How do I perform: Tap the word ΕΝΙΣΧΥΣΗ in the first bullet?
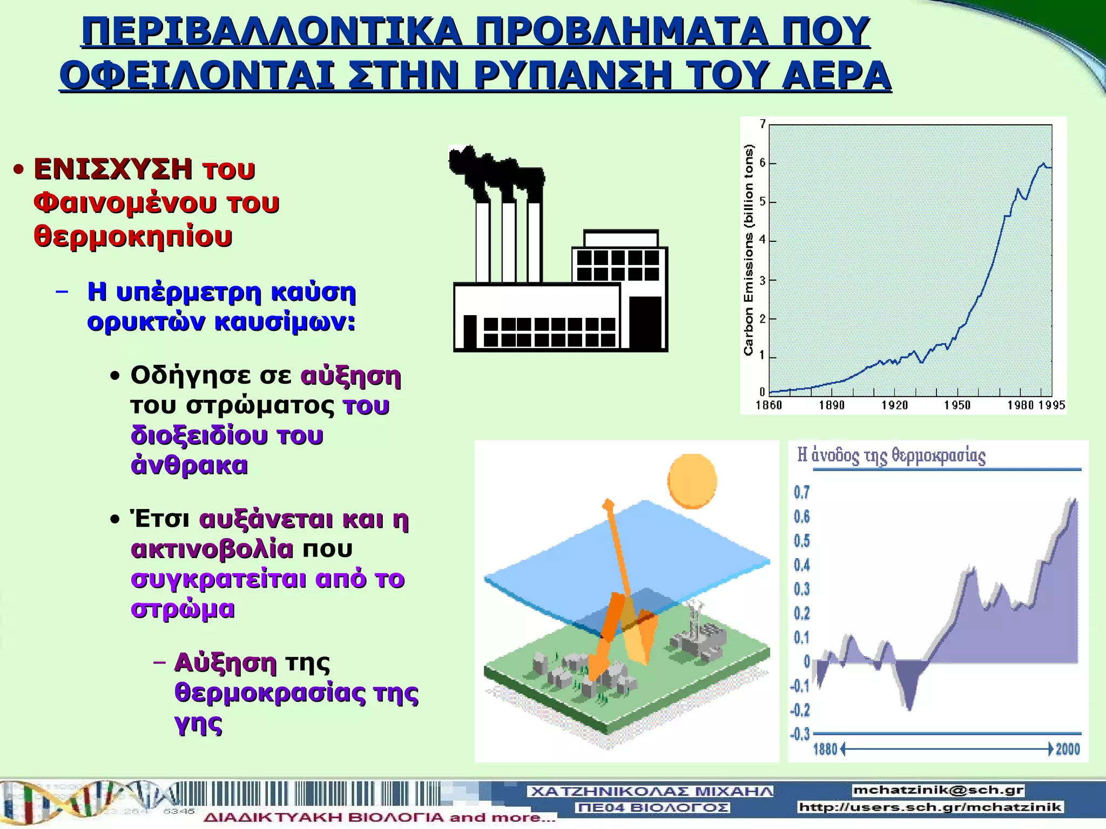[x=112, y=169]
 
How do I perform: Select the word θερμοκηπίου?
[x=133, y=236]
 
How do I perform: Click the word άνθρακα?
[x=189, y=465]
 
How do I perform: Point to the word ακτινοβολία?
[x=212, y=549]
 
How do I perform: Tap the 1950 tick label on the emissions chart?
[x=957, y=405]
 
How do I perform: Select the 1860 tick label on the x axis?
[x=768, y=405]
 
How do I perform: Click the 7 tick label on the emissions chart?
[x=763, y=124]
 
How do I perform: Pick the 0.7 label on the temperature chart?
[x=802, y=492]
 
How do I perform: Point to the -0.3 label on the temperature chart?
[x=800, y=734]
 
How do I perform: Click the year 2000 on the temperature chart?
[x=1068, y=749]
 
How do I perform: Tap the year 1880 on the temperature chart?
[x=825, y=749]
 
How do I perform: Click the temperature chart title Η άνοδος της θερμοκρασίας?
[x=892, y=456]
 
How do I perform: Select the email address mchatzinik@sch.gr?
[x=938, y=790]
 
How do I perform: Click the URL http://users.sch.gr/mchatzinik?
[x=930, y=807]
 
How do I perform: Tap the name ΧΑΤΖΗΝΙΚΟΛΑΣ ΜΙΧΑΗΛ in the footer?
[x=651, y=792]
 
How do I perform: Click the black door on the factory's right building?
[x=646, y=322]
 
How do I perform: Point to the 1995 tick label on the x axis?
[x=1051, y=405]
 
